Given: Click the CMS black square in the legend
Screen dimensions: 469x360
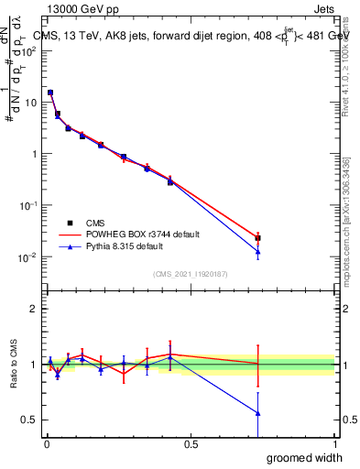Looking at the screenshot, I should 70,223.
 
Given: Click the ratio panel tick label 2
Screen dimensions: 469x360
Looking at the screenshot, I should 34,310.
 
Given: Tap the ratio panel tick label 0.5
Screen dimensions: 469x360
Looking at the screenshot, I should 30,420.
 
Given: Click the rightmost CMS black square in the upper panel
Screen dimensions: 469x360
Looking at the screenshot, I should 258,238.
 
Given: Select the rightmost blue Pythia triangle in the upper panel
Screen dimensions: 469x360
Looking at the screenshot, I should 258,252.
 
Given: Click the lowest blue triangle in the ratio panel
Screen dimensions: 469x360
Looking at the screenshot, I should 258,413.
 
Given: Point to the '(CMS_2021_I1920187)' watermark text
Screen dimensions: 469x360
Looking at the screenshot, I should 190,272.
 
